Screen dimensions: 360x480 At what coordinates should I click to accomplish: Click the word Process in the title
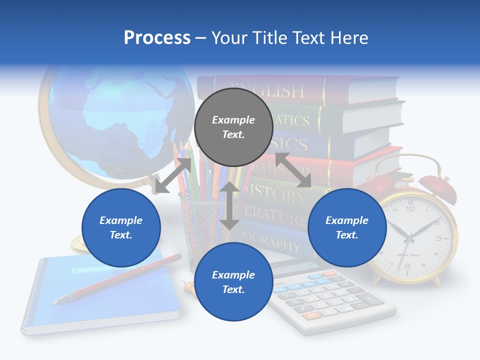click(157, 37)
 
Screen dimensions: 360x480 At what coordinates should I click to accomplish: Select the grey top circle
click(233, 127)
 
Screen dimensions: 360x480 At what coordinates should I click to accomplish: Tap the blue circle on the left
click(121, 227)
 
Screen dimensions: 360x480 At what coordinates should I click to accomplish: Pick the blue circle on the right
click(347, 227)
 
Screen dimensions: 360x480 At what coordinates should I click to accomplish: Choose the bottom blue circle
click(233, 282)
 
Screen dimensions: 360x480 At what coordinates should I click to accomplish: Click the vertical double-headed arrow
click(229, 205)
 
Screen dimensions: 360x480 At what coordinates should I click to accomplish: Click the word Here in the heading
click(350, 37)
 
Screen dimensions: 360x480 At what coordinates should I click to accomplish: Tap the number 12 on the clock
click(410, 209)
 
